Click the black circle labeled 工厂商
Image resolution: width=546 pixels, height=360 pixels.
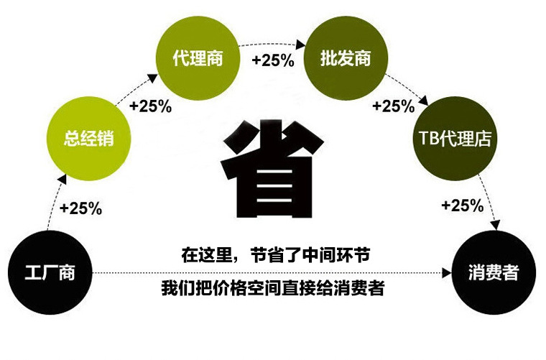click(50, 272)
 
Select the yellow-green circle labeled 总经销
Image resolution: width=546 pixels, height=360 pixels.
click(88, 138)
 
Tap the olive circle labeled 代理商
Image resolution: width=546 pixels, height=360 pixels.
click(198, 57)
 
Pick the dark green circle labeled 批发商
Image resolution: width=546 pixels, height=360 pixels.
click(346, 57)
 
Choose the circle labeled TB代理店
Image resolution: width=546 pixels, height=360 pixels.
click(455, 138)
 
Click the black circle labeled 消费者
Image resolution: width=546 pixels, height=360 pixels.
click(494, 272)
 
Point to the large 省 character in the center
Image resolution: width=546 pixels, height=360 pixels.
click(273, 169)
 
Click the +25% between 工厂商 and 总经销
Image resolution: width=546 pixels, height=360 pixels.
click(80, 208)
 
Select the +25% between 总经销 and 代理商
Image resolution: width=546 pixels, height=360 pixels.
click(150, 106)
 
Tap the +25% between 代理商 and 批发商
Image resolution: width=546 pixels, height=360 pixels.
click(273, 60)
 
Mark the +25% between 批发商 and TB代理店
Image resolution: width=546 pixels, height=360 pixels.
click(394, 106)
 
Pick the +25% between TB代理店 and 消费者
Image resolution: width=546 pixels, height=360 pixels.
click(463, 205)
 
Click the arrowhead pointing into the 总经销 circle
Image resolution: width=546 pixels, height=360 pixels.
click(62, 179)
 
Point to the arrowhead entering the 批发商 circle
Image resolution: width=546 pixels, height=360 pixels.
click(301, 45)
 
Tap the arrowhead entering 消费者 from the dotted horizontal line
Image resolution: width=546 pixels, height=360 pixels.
click(447, 273)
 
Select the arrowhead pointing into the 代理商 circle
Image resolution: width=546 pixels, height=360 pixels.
click(152, 78)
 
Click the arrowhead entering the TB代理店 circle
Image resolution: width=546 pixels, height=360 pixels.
click(423, 101)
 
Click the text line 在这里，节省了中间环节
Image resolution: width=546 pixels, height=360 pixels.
click(275, 255)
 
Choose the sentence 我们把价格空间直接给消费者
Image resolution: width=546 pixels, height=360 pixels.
click(273, 288)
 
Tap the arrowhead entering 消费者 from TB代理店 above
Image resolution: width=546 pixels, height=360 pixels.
click(495, 225)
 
